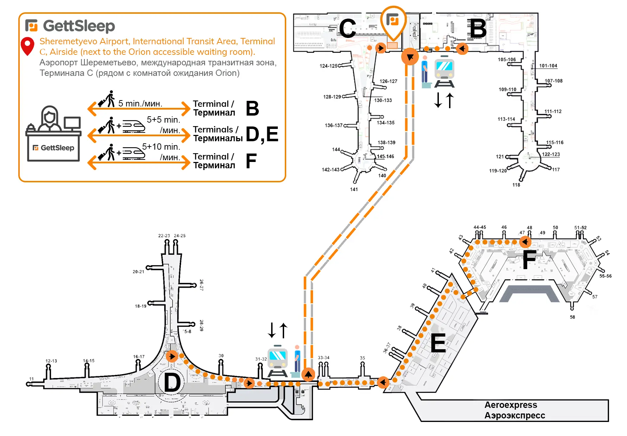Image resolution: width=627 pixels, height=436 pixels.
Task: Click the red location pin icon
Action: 27,46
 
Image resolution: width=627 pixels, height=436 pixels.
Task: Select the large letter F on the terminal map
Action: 529,260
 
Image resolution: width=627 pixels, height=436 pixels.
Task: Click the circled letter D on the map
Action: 172,383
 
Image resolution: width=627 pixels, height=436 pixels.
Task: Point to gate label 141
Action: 354,189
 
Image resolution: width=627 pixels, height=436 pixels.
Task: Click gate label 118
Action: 516,185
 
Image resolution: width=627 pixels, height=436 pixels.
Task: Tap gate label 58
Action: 572,317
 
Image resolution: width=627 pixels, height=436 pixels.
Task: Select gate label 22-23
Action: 164,236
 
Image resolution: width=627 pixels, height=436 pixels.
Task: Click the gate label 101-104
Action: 548,66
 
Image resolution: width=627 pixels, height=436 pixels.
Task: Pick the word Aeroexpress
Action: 511,405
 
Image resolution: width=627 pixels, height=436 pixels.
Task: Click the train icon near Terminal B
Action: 444,72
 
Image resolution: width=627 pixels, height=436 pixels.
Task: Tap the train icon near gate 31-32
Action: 277,362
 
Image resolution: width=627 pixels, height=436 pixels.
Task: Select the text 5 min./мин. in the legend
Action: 140,104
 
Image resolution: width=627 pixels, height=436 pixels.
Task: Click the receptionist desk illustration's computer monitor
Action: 72,123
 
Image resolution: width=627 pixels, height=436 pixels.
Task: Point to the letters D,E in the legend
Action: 262,134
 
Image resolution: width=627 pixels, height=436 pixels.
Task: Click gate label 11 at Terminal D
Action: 31,379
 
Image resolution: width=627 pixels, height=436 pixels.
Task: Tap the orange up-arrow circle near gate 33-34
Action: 308,375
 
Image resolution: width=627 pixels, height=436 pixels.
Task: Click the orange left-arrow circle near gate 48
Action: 525,242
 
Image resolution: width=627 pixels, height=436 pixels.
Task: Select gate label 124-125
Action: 328,66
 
